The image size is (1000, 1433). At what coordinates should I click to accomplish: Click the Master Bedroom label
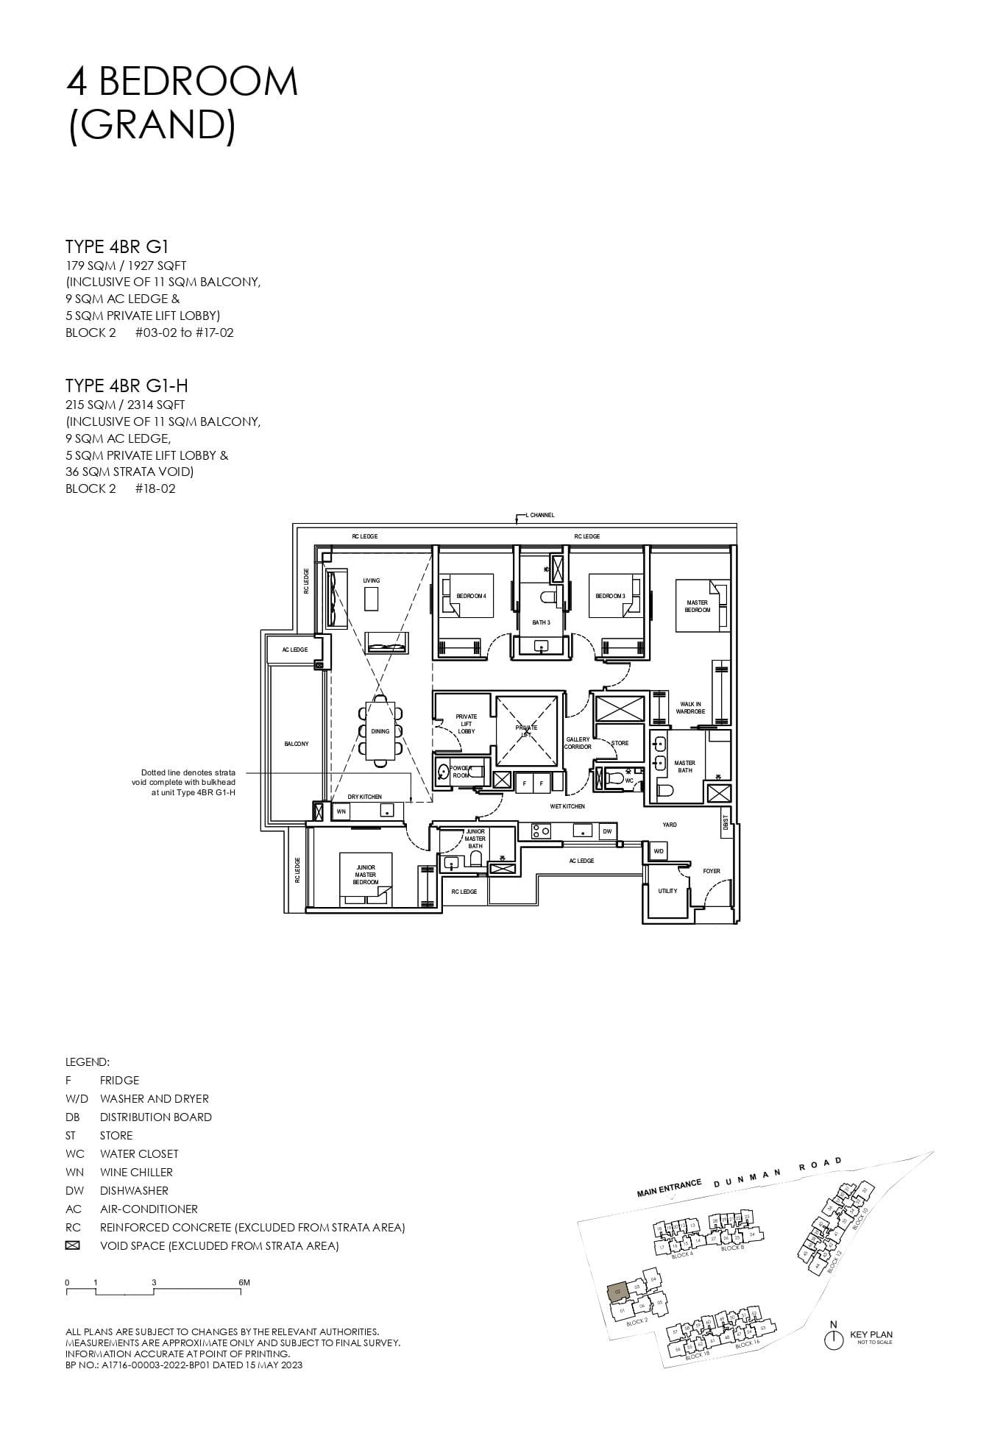(x=697, y=606)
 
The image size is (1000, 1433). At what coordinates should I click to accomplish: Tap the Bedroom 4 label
(x=471, y=596)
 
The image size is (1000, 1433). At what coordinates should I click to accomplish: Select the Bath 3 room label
(x=541, y=622)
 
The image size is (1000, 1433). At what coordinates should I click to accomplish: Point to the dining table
(x=380, y=730)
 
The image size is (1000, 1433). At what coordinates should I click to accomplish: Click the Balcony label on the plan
(x=297, y=744)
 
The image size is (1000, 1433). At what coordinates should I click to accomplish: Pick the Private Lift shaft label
(x=526, y=730)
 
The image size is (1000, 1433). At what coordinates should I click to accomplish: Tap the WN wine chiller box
(x=341, y=811)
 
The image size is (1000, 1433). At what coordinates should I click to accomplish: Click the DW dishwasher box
(x=607, y=831)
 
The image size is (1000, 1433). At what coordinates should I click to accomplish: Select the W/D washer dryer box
(x=658, y=851)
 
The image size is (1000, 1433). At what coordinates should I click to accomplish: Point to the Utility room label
(x=667, y=891)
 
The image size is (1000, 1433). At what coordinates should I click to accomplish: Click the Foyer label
(x=711, y=871)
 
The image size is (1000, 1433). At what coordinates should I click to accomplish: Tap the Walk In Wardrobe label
(x=690, y=708)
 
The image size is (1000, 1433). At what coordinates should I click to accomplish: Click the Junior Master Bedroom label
(x=366, y=875)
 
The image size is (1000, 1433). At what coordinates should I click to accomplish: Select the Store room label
(x=620, y=743)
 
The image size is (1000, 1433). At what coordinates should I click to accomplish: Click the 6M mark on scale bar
(x=244, y=1282)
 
